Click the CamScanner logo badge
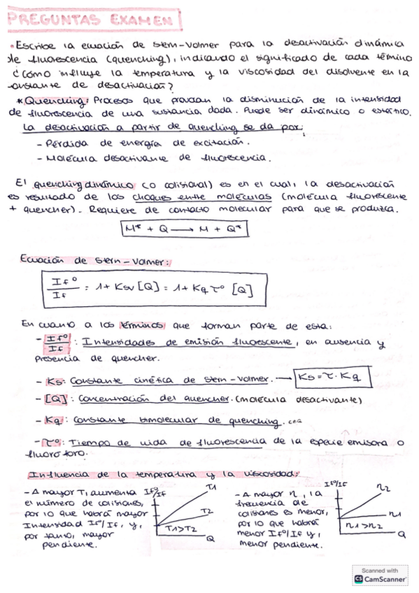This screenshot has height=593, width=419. tap(379, 576)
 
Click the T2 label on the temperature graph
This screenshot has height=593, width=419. tap(204, 511)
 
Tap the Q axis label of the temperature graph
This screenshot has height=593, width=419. tap(209, 538)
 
